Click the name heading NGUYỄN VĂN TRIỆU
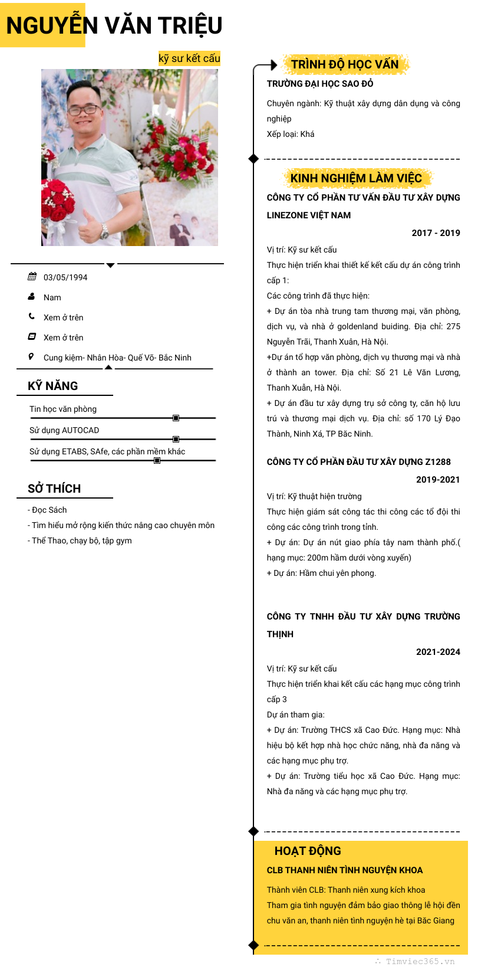click(x=114, y=26)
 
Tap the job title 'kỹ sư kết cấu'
click(x=189, y=58)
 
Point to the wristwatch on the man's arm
click(x=104, y=231)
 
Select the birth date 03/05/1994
click(x=65, y=277)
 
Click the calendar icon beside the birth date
click(x=32, y=277)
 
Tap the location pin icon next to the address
click(x=31, y=356)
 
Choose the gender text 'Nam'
click(x=52, y=297)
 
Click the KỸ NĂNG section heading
click(x=53, y=386)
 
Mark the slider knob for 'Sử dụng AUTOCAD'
click(x=176, y=439)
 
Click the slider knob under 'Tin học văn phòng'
click(x=176, y=418)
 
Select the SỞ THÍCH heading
click(x=54, y=489)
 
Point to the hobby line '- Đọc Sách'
click(x=47, y=510)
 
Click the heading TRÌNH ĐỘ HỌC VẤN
click(x=345, y=64)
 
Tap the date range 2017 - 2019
click(x=436, y=233)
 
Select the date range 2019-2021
click(x=438, y=480)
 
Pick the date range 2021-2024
click(x=438, y=652)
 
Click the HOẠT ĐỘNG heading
click(x=308, y=851)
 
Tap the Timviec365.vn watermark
click(x=420, y=961)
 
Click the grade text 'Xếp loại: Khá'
click(x=291, y=134)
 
